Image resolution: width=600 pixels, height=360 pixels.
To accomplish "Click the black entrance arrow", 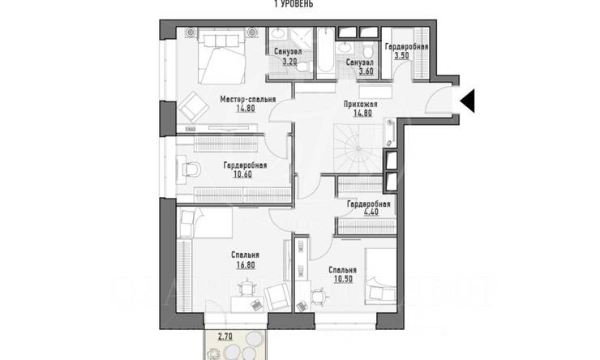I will coord(469,101).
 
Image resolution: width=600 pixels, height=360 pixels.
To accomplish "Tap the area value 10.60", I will coord(245,174).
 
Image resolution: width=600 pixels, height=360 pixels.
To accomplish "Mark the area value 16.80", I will coord(245,264).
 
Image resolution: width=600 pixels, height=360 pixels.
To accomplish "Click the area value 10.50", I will coord(342,280).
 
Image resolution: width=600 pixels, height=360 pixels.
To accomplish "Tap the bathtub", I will coord(322,53).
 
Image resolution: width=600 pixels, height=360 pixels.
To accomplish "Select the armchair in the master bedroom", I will coord(191,103).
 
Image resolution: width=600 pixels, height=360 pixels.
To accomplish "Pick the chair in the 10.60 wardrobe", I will coord(191,169).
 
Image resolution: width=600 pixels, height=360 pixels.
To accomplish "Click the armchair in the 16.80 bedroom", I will coord(276,296).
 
